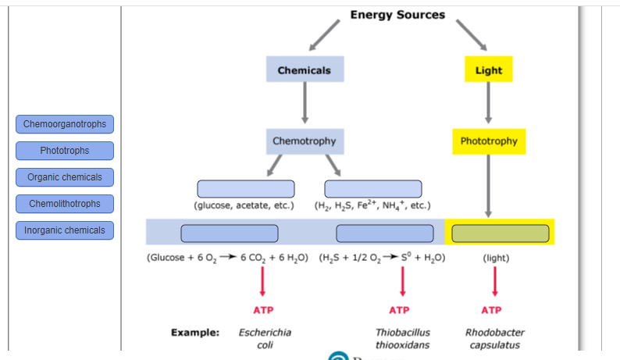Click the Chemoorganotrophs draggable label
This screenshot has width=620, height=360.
[x=65, y=124]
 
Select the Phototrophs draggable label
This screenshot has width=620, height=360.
[x=65, y=151]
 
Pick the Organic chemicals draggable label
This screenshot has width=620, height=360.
[x=65, y=177]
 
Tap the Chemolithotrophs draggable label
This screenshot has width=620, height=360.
[x=65, y=204]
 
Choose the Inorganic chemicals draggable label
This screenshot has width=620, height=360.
[x=65, y=230]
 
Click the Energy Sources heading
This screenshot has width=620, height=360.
[x=397, y=15]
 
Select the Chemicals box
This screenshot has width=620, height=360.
[x=305, y=70]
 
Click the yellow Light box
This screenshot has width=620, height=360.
[x=489, y=70]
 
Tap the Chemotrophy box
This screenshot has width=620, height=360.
[x=305, y=141]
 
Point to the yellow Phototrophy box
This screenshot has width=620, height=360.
[x=489, y=141]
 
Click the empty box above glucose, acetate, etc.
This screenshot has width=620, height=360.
[x=246, y=188]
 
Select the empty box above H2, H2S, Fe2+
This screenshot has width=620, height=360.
[x=373, y=188]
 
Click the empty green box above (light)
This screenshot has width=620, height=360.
[x=500, y=233]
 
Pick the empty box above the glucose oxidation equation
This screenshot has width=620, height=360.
[x=230, y=233]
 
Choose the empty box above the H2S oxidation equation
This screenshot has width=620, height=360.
[x=384, y=233]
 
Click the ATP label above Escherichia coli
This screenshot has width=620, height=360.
[x=263, y=310]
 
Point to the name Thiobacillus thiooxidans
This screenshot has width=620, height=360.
[x=402, y=338]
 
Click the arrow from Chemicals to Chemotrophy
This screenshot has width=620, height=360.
[x=305, y=102]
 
